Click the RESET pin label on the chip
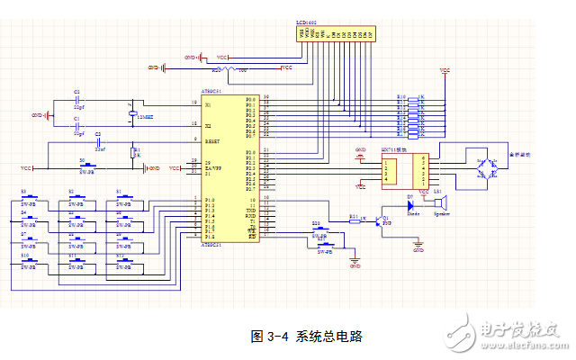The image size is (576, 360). [x=213, y=140]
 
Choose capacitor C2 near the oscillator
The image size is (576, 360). [x=77, y=97]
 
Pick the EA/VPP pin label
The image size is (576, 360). [x=214, y=166]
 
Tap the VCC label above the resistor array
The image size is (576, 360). [x=444, y=68]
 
